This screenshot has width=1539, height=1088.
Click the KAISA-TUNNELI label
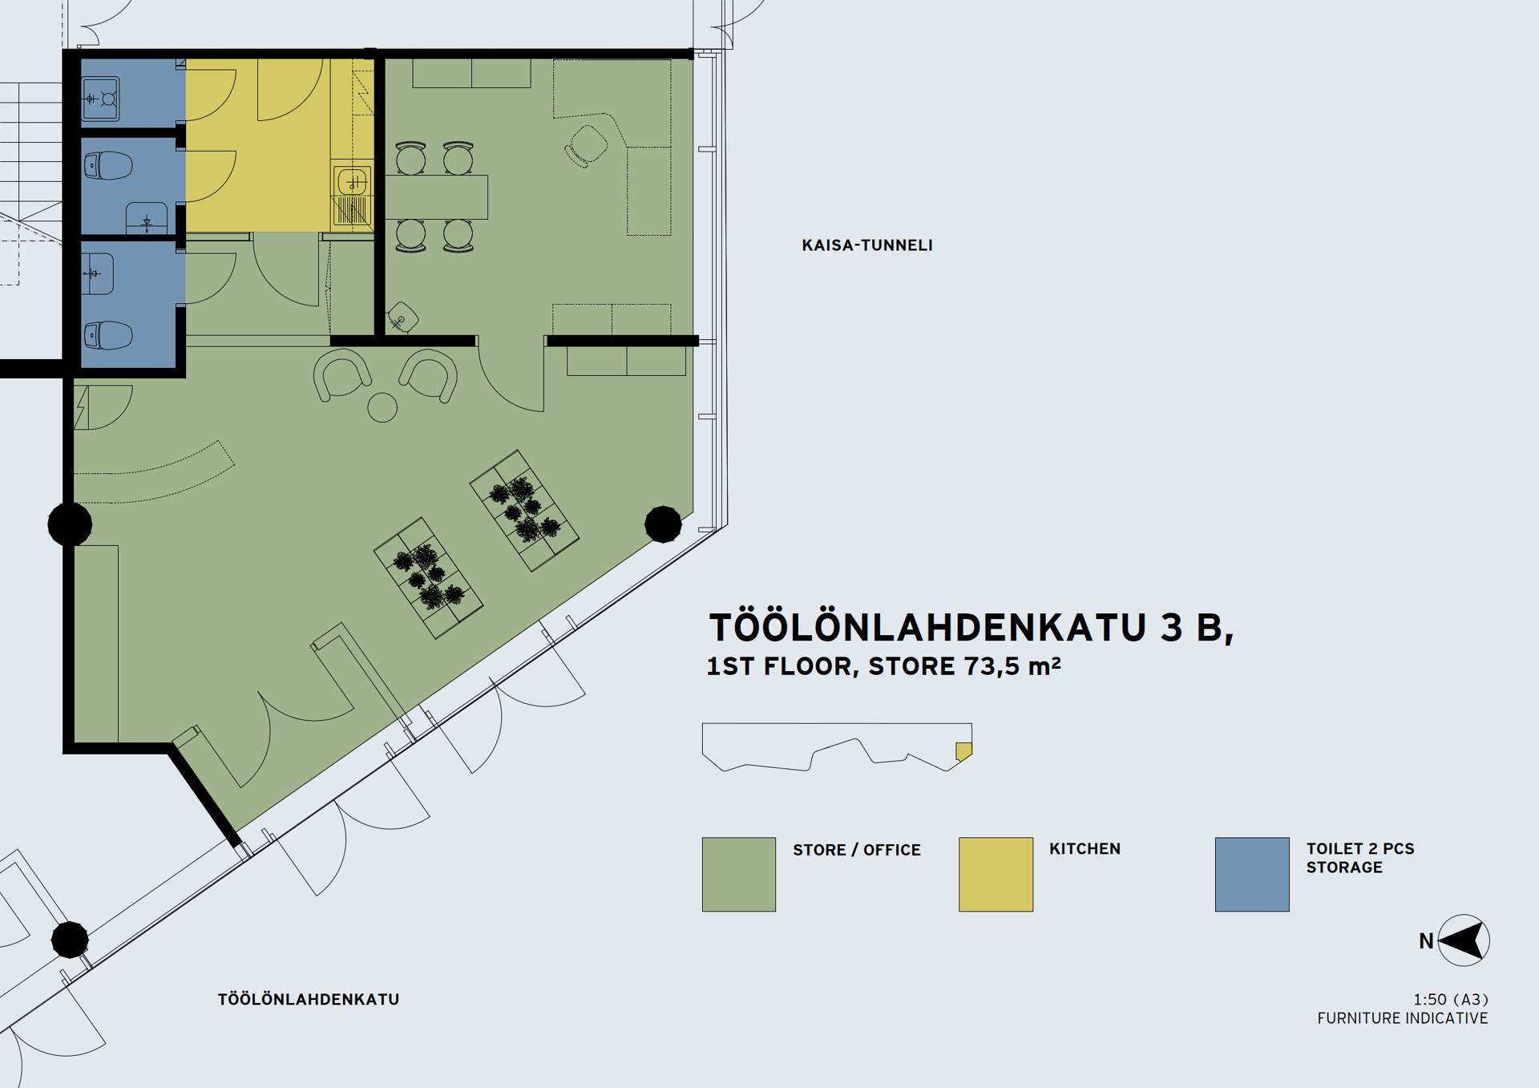(x=867, y=245)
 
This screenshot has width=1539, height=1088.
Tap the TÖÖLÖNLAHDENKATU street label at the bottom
(x=309, y=999)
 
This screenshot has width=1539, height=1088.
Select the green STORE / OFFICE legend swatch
(x=738, y=874)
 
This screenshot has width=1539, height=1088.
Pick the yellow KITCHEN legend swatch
(x=996, y=874)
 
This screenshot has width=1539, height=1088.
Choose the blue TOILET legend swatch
(x=1252, y=874)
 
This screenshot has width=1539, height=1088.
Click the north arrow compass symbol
(x=1464, y=940)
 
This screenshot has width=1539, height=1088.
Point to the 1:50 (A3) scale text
(x=1451, y=1000)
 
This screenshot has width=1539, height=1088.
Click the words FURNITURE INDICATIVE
(x=1403, y=1018)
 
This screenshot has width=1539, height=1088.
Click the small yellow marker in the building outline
(x=963, y=751)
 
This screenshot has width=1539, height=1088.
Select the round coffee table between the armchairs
(x=382, y=407)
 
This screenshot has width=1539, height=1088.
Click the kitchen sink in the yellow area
(x=351, y=181)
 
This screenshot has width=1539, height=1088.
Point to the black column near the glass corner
(x=663, y=524)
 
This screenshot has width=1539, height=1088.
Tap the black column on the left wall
(x=70, y=524)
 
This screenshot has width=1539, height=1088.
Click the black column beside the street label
(x=70, y=939)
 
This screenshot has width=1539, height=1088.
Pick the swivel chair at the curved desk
(x=586, y=145)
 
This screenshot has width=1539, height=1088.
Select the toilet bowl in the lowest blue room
(x=107, y=335)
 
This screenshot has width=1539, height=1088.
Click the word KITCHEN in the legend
(x=1085, y=849)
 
